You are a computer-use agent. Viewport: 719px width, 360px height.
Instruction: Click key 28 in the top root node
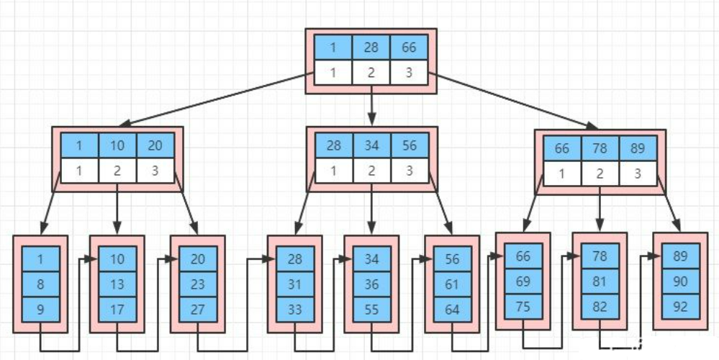click(x=371, y=48)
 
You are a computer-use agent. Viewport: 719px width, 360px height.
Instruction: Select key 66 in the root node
click(x=409, y=48)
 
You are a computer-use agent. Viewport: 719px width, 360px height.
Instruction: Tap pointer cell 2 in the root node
click(x=371, y=72)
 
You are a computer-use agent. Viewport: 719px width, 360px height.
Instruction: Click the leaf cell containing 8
click(x=40, y=284)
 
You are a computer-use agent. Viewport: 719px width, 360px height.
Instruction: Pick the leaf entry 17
click(x=117, y=310)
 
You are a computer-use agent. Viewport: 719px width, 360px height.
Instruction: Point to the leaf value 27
click(x=198, y=310)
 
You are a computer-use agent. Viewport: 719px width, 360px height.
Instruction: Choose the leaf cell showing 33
click(x=294, y=310)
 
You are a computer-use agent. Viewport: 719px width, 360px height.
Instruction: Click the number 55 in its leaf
click(x=371, y=310)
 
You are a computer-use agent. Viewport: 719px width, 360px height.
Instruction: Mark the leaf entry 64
click(x=452, y=310)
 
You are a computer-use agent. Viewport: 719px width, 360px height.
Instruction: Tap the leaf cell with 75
click(x=523, y=305)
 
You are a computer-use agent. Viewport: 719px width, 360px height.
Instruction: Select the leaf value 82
click(x=600, y=305)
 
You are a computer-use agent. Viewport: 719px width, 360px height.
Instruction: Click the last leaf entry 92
click(x=680, y=305)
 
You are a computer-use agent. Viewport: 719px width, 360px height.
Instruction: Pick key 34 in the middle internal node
click(x=371, y=145)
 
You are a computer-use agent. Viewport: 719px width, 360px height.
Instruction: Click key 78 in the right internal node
click(x=600, y=150)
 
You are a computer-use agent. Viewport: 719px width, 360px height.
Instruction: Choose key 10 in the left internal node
click(x=117, y=145)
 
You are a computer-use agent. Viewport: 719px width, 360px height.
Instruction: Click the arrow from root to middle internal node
click(x=371, y=105)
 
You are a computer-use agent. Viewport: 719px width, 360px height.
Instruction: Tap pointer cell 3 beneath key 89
click(x=638, y=174)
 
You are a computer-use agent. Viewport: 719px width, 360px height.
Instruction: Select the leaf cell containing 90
click(x=680, y=280)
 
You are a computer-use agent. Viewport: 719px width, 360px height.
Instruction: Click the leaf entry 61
click(x=452, y=284)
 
